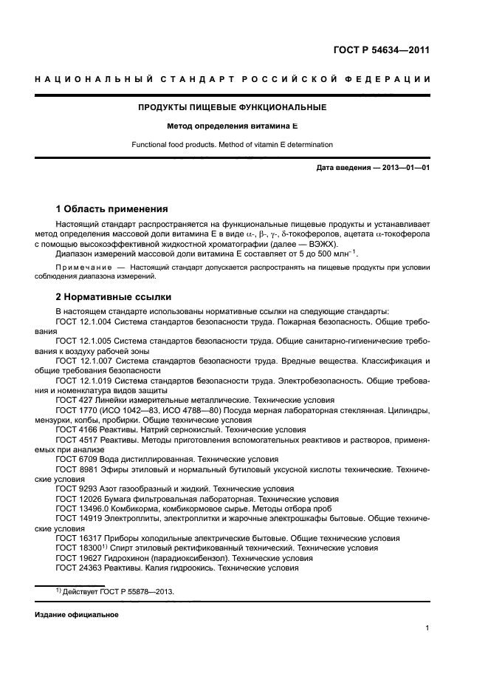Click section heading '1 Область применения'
tap(111, 208)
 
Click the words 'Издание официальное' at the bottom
tap(77, 615)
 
